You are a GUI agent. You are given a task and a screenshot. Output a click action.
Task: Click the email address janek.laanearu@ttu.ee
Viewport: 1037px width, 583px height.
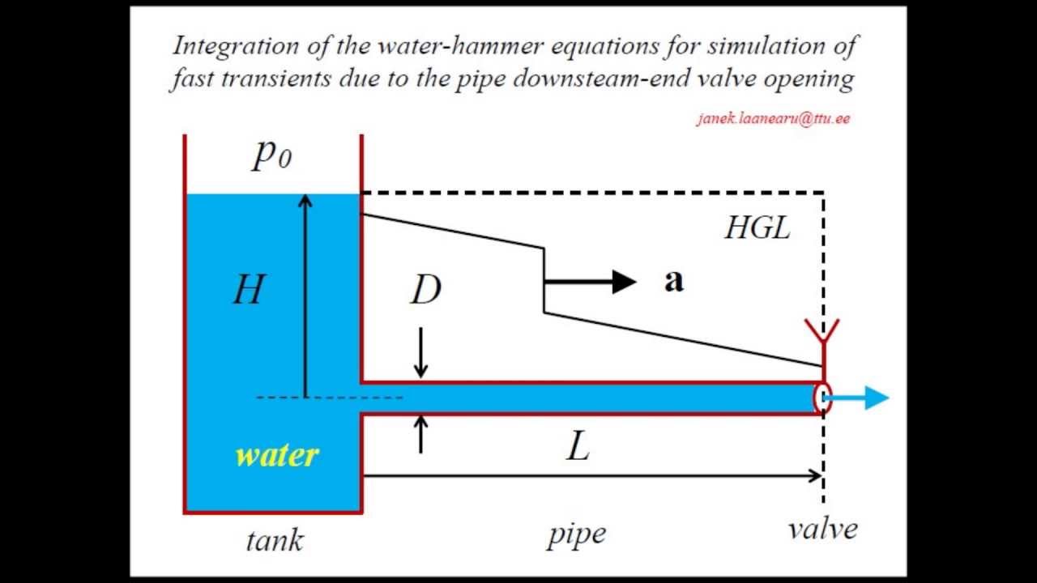click(773, 118)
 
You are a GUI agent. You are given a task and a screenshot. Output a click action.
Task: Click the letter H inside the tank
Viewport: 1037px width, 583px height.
click(249, 288)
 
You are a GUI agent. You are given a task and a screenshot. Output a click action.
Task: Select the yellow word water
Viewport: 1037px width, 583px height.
click(276, 455)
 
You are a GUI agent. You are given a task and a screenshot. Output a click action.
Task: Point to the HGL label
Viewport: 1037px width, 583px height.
click(757, 229)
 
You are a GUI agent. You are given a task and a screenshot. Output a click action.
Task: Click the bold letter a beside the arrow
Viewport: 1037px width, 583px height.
click(673, 281)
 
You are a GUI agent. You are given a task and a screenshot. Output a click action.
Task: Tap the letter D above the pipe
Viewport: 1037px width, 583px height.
click(426, 290)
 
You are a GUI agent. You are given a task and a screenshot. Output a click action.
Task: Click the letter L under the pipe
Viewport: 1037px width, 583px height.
click(577, 446)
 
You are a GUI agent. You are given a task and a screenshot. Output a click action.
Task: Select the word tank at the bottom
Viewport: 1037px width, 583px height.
click(274, 539)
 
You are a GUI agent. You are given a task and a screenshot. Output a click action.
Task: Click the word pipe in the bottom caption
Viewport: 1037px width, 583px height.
click(576, 534)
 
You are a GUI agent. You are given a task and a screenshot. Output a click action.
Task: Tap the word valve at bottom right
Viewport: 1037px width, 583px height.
click(822, 530)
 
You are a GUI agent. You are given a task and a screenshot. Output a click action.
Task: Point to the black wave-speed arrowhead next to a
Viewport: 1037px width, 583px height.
click(624, 282)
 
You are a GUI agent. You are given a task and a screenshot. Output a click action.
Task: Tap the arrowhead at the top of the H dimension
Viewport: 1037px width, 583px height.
click(305, 202)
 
